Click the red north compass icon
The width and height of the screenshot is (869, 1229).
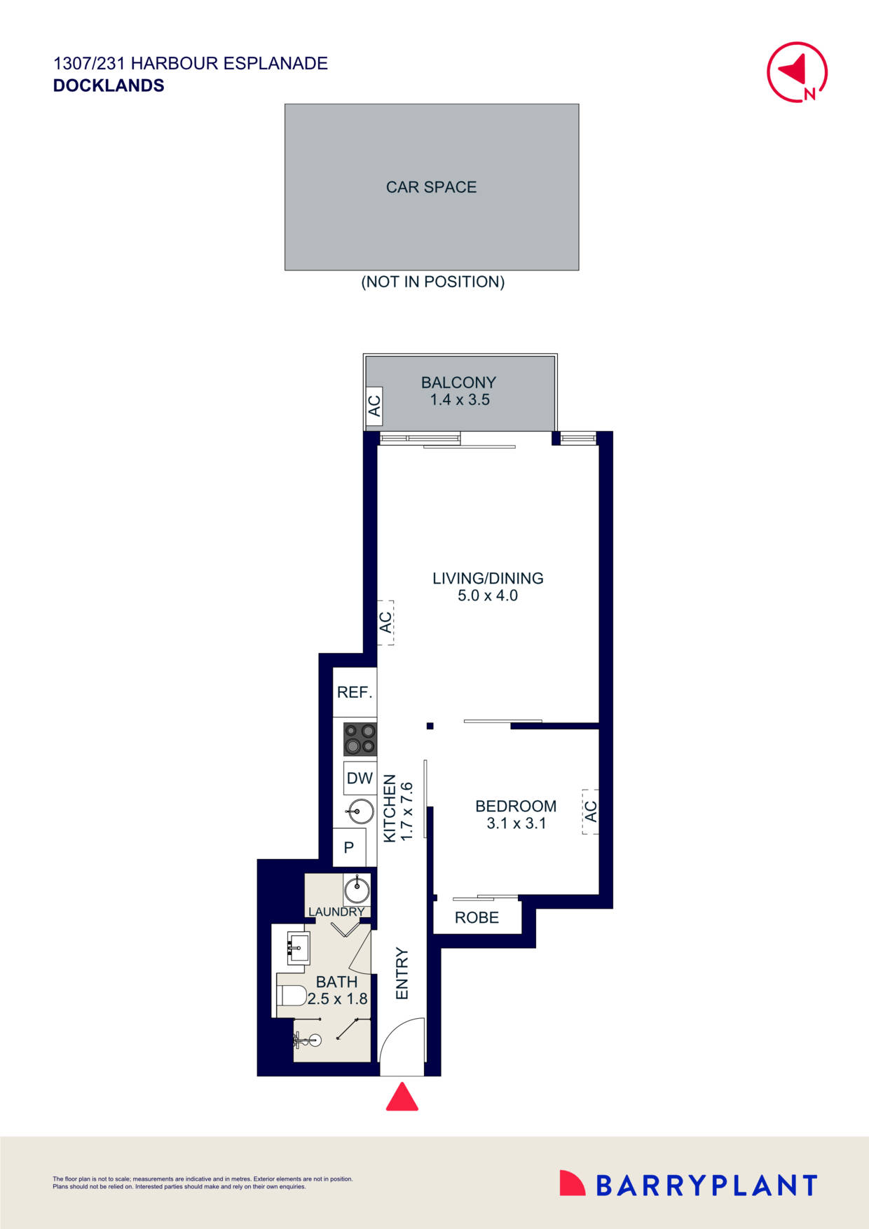(x=797, y=71)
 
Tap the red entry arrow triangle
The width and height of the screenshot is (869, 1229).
(x=402, y=1097)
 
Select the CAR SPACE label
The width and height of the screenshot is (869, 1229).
(x=431, y=187)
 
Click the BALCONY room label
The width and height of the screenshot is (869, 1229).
(x=458, y=383)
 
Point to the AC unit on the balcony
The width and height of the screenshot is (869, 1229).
(x=374, y=406)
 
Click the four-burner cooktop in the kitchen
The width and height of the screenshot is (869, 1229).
(x=360, y=739)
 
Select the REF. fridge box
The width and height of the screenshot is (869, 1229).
(x=355, y=692)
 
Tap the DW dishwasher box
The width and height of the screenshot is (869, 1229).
(x=360, y=778)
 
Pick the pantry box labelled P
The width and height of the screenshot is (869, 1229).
(x=349, y=847)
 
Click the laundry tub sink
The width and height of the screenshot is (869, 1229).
(x=357, y=890)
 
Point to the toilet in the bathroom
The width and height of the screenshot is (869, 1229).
(x=292, y=996)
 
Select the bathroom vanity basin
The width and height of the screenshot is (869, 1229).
(x=299, y=948)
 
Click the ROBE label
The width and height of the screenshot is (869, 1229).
(x=477, y=918)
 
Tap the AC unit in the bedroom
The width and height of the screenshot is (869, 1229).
(x=590, y=811)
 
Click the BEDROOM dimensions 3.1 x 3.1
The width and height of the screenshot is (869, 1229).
(x=516, y=823)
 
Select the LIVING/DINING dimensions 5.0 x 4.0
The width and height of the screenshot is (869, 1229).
(x=488, y=596)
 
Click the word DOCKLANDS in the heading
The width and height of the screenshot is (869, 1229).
(x=109, y=85)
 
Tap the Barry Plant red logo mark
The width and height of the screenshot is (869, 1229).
(x=572, y=1183)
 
